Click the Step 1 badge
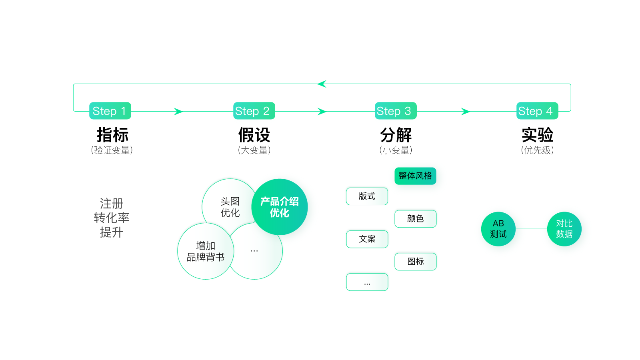click(x=110, y=111)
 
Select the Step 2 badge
click(x=254, y=111)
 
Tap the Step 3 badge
click(x=396, y=111)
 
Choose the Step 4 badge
click(x=537, y=111)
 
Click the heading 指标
click(x=112, y=135)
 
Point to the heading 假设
click(x=254, y=135)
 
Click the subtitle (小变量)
click(x=396, y=150)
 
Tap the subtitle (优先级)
click(x=537, y=150)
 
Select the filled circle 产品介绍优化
click(x=280, y=207)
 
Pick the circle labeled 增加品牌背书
click(x=206, y=251)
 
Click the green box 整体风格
click(x=415, y=176)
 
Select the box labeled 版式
click(x=367, y=196)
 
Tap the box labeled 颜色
click(x=415, y=219)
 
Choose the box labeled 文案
click(x=367, y=239)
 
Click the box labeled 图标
click(x=415, y=262)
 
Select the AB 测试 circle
click(x=498, y=229)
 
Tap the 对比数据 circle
click(x=564, y=229)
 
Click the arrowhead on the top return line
click(x=322, y=84)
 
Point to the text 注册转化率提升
click(x=112, y=218)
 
